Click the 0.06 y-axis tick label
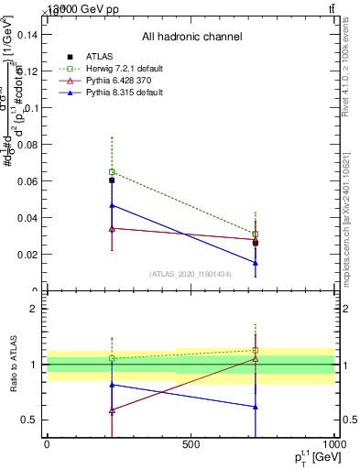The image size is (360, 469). tap(30, 181)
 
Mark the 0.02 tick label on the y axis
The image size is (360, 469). tap(30, 255)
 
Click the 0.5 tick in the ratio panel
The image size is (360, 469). tap(34, 420)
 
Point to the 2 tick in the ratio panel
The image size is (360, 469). tap(38, 309)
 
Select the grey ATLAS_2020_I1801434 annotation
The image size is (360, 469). tap(191, 274)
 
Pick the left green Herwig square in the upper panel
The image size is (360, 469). tap(112, 172)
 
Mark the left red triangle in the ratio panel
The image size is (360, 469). tap(112, 410)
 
